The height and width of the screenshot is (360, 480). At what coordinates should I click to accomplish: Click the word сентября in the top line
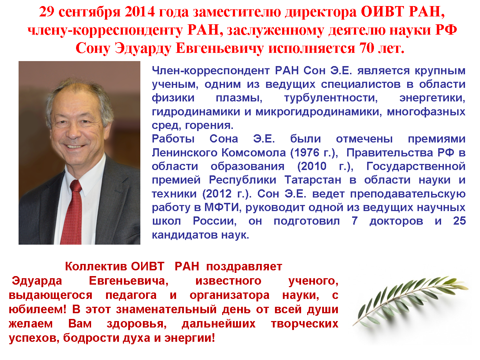point(90,12)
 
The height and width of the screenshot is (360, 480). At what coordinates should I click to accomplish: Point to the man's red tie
point(72,212)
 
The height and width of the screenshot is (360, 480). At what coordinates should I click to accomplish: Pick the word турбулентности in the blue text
point(331,98)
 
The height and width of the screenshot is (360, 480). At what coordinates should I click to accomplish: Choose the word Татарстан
point(313,180)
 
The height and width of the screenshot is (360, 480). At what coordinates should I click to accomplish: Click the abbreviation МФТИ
point(221,207)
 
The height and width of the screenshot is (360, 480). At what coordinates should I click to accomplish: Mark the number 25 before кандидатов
point(459,221)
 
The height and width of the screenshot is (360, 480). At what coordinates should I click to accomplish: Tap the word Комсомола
point(254,152)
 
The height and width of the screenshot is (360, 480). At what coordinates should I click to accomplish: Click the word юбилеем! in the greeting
point(37,310)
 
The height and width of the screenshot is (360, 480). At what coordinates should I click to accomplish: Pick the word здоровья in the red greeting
point(137,324)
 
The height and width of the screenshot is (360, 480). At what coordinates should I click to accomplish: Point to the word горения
point(209,126)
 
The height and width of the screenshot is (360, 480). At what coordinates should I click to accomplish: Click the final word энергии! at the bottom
point(190,338)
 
